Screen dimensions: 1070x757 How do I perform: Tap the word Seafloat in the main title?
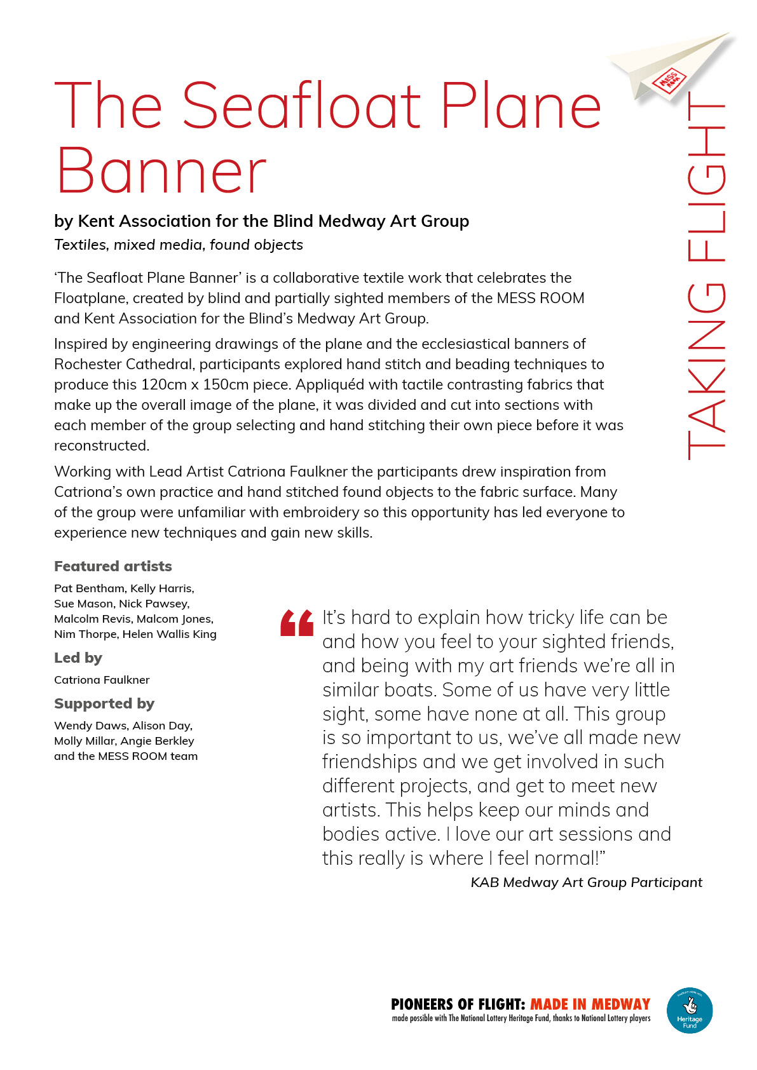(x=302, y=105)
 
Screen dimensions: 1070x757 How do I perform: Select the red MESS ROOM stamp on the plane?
(x=668, y=80)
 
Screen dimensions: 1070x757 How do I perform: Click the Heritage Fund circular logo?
(x=690, y=1010)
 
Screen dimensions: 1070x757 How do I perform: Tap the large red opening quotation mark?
(x=297, y=623)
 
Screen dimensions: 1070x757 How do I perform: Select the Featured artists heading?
(x=113, y=566)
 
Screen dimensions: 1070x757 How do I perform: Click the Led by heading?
(x=78, y=658)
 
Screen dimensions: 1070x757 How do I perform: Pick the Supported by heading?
(x=104, y=703)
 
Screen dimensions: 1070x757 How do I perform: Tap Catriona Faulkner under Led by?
(x=102, y=680)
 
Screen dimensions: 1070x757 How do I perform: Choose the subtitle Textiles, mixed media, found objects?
(x=179, y=245)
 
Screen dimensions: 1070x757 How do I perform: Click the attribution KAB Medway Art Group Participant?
(x=586, y=883)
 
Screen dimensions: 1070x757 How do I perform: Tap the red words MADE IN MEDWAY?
(x=590, y=1005)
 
